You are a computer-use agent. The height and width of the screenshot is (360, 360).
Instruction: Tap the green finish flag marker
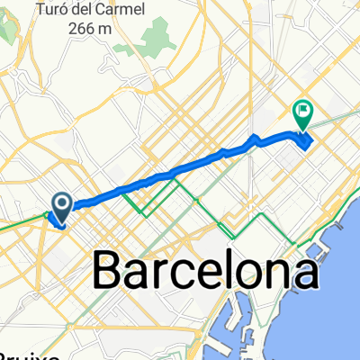301,113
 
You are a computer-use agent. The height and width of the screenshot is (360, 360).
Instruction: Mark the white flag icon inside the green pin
301,112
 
